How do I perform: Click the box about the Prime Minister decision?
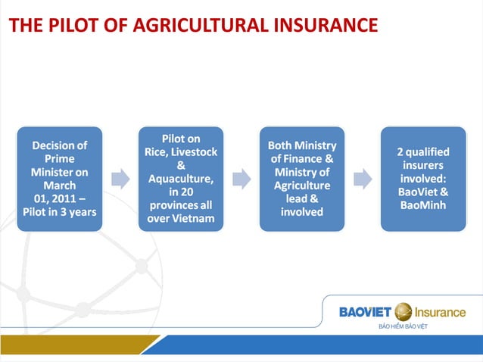tap(60, 179)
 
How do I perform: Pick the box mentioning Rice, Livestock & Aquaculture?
tap(181, 179)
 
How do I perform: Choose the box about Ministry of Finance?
tap(302, 179)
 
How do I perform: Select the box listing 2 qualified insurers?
tap(422, 179)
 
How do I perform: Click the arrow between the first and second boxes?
tap(120, 179)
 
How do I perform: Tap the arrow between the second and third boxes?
tap(241, 179)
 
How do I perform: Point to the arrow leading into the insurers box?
tap(363, 179)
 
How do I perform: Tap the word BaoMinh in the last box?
tap(422, 205)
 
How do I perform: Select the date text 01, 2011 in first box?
tap(55, 198)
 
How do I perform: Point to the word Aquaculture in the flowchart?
tap(180, 179)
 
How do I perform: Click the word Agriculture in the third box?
tap(302, 186)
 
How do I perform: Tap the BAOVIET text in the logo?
tap(365, 312)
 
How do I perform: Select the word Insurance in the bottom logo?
tap(441, 312)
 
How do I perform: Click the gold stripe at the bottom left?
tap(76, 345)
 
